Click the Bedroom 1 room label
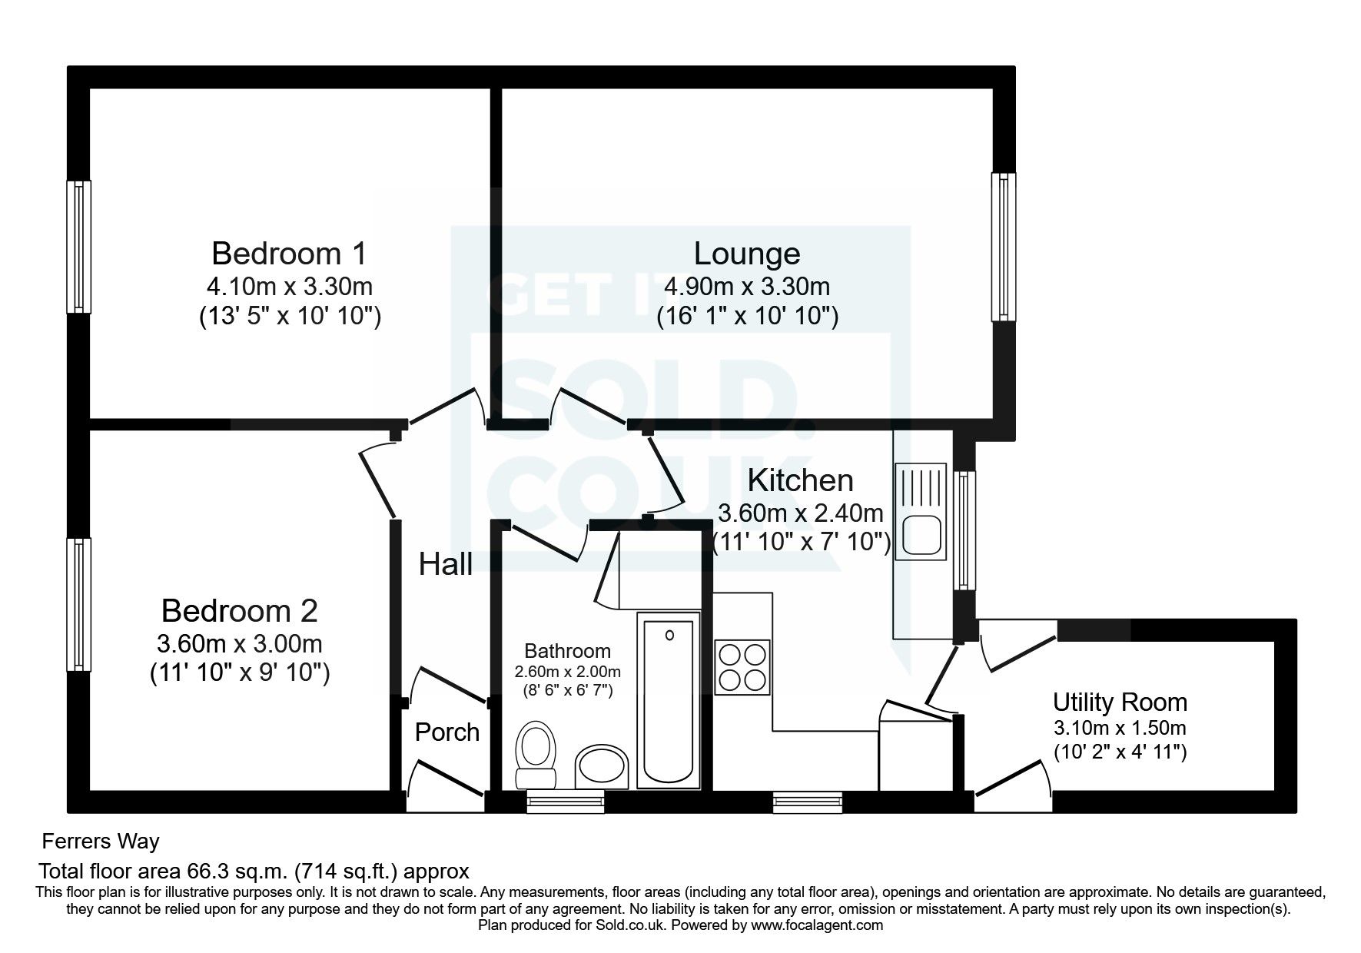click(289, 253)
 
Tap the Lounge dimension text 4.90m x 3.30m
click(747, 287)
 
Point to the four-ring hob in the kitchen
click(742, 666)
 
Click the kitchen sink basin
click(921, 536)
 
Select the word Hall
click(445, 565)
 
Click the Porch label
click(446, 732)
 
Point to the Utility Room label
click(1120, 702)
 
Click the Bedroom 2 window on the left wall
click(78, 604)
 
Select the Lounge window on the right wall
click(1004, 247)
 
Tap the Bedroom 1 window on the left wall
click(78, 247)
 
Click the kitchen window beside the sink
click(964, 530)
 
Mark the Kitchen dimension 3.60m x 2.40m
click(800, 513)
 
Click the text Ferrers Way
click(101, 842)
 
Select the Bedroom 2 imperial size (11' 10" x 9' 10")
click(239, 673)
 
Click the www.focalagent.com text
click(817, 925)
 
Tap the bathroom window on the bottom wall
click(566, 803)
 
